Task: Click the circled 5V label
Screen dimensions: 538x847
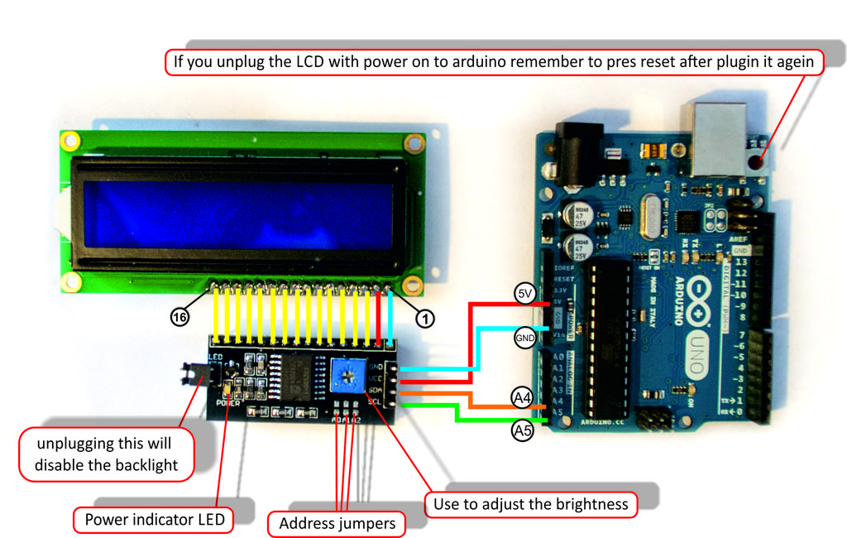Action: tap(524, 294)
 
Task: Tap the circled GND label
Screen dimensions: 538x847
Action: tap(525, 338)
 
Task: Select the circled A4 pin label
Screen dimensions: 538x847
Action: tap(522, 398)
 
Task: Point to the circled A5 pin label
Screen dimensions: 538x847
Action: tap(522, 430)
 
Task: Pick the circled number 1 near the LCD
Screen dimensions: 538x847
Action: tap(424, 317)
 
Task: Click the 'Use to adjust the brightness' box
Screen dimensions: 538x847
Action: tap(530, 504)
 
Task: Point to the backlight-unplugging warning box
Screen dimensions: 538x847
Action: tap(106, 454)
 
